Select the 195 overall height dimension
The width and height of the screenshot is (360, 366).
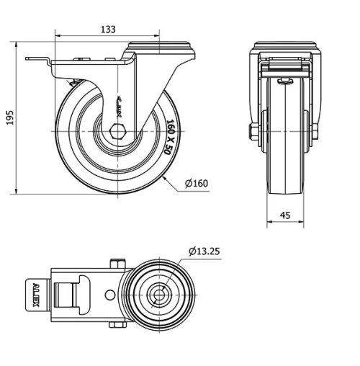coord(9,117)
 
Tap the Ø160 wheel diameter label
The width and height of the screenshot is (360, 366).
coord(196,183)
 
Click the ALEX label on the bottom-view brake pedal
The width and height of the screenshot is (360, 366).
coord(36,295)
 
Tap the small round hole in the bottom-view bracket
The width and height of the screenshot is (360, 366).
coord(109,295)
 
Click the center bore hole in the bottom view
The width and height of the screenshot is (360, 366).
coord(158,295)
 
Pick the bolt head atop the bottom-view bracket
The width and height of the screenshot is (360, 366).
coord(117,264)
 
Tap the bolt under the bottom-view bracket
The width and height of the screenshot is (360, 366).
coord(117,326)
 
